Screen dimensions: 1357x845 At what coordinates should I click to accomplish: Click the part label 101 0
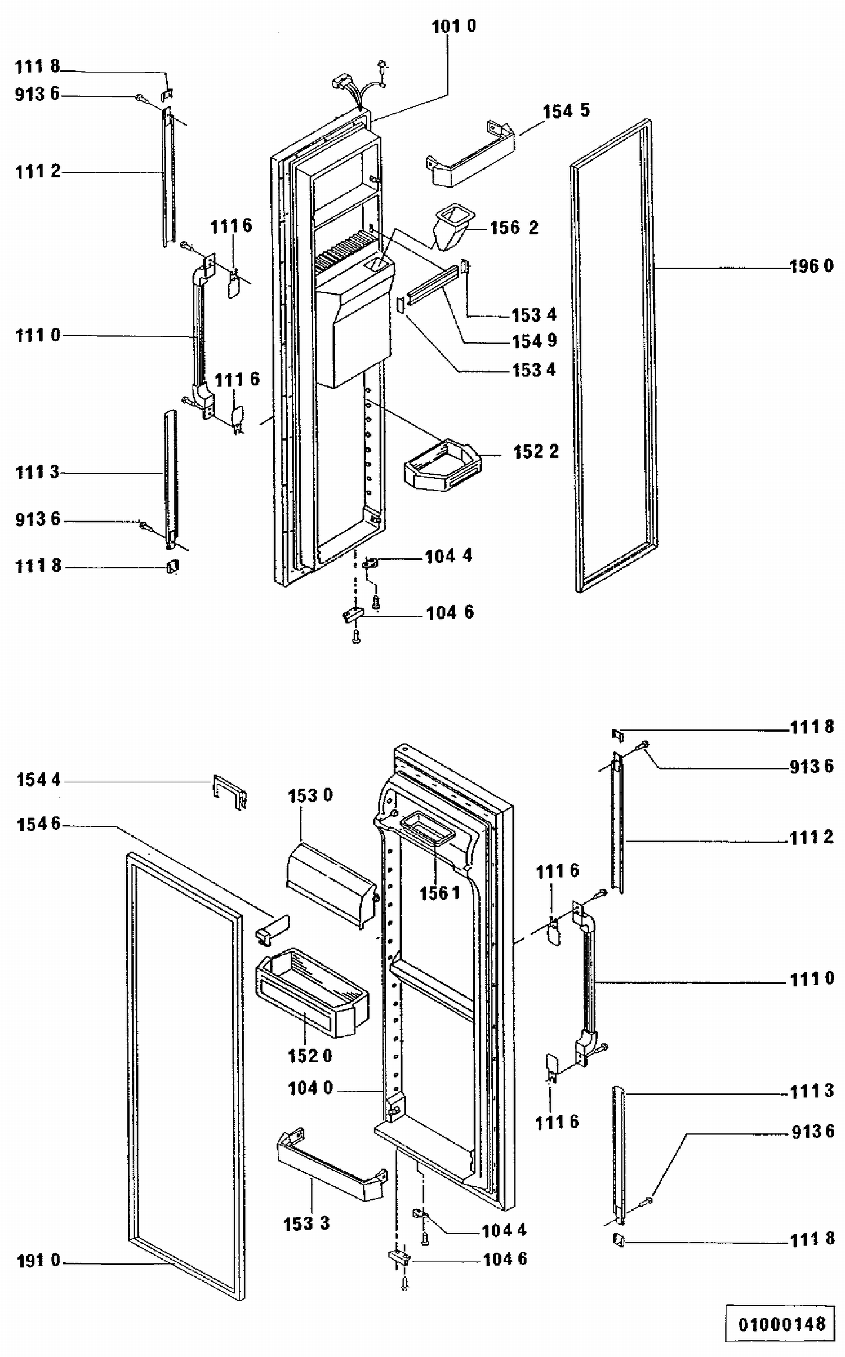point(453,26)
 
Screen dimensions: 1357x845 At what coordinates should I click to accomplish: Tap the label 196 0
point(811,266)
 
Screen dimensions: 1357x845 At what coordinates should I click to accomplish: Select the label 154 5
point(566,111)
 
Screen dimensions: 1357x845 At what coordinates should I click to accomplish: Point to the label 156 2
point(514,228)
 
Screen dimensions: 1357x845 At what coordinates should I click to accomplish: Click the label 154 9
point(534,341)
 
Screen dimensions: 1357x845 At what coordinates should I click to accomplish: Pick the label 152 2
point(536,452)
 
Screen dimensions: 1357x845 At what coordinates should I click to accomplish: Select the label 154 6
point(38,824)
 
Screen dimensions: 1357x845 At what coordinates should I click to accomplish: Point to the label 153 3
point(306,1223)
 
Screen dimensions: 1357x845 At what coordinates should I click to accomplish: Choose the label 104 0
point(310,1088)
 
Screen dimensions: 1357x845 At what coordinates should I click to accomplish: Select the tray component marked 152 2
point(443,465)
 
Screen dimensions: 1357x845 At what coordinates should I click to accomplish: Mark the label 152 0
point(310,1056)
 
